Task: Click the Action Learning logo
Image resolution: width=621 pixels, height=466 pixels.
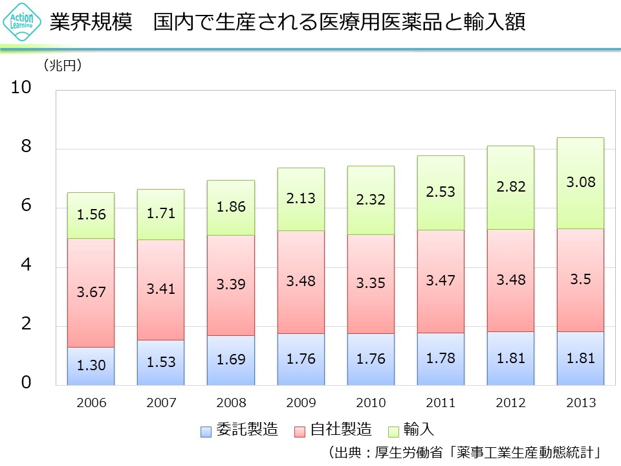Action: (x=19, y=22)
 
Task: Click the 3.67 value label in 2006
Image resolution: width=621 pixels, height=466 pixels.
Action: (x=91, y=292)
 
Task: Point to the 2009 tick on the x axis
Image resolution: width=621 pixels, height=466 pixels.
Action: (x=301, y=403)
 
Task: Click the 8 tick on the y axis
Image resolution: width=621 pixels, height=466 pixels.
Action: (x=25, y=147)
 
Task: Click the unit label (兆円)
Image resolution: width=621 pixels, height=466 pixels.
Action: (x=63, y=65)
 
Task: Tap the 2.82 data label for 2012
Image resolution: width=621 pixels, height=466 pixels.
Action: (x=510, y=187)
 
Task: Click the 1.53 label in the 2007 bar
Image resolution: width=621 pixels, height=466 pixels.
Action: (x=160, y=362)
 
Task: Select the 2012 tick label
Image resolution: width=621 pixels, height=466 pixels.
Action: (x=510, y=403)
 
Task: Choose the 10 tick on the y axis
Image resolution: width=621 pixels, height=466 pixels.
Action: (x=21, y=88)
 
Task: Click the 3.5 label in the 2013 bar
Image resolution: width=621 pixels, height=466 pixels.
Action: (x=580, y=280)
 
